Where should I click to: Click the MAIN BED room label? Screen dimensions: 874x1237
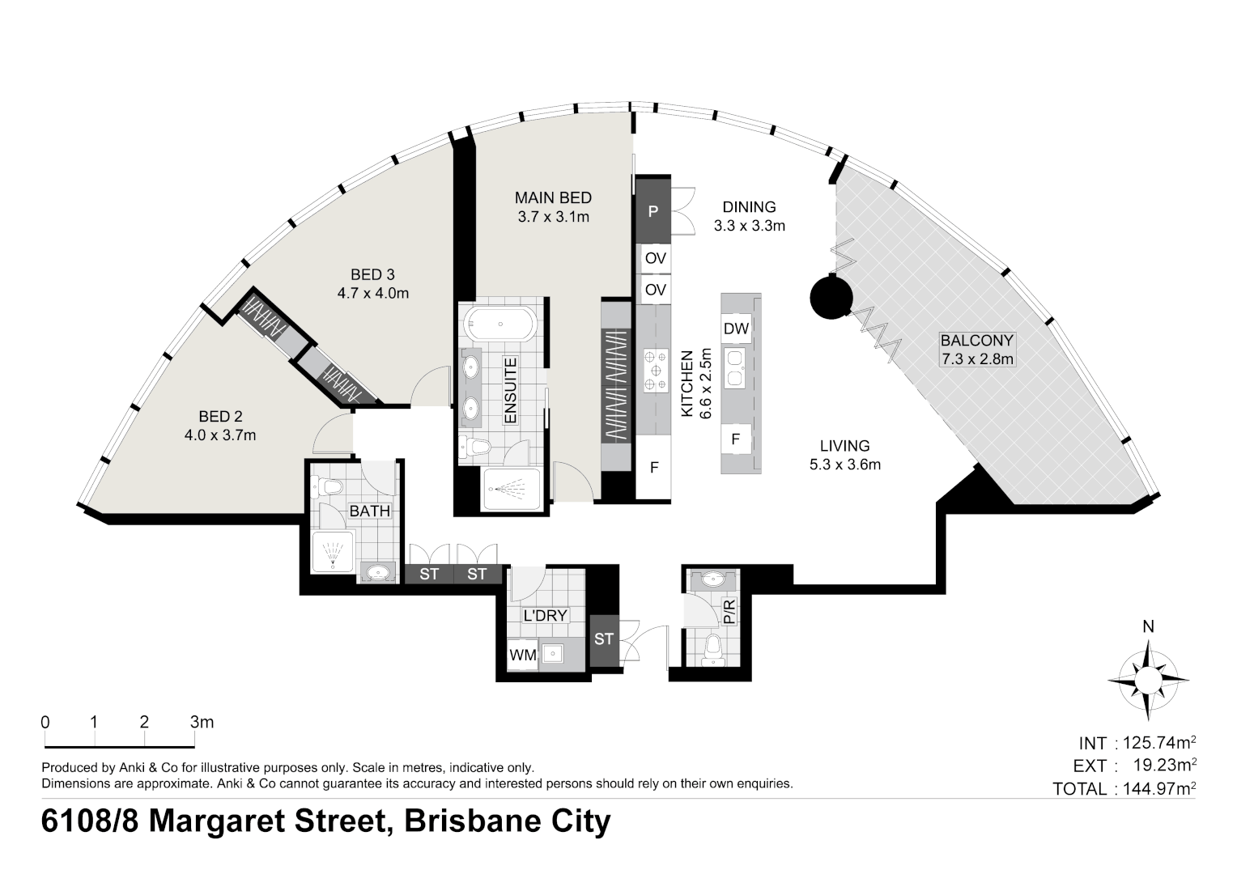(553, 197)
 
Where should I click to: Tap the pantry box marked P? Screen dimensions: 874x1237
(654, 211)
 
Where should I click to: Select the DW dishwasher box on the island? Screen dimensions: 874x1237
(736, 329)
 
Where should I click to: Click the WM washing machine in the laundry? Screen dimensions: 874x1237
(523, 655)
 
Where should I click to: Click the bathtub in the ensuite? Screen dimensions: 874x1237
(499, 325)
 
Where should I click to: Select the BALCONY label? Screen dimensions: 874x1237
(976, 341)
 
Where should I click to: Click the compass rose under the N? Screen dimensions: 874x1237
(1148, 680)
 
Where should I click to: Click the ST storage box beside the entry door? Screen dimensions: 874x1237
(604, 639)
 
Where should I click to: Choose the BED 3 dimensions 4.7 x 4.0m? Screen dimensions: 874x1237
(372, 293)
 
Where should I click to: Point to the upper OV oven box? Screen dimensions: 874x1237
(655, 258)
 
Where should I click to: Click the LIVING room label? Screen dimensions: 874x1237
(844, 445)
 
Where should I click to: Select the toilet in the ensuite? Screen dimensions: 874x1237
(476, 447)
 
